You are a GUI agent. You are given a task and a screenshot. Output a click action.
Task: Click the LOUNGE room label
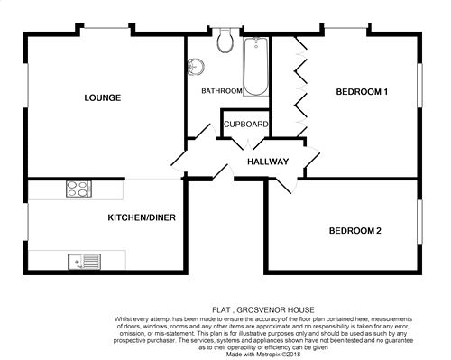pos(103,97)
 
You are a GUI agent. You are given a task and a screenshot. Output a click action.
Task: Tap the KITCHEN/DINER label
pos(142,217)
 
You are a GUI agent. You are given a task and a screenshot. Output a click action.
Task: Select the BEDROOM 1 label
pos(362,91)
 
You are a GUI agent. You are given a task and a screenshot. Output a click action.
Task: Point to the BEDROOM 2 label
pos(355,231)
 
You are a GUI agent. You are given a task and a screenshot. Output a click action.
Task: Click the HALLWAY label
pos(268,162)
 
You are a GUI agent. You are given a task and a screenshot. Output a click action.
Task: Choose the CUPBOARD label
pos(246,124)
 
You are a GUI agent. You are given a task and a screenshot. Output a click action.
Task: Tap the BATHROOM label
pos(222,90)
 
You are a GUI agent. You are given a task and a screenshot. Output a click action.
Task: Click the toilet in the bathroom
pos(226,40)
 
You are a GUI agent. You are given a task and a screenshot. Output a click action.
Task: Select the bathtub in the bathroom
pos(255,67)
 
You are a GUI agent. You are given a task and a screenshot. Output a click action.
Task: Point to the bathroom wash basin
pos(195,66)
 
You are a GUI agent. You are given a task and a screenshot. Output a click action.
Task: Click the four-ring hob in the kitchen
pos(78,189)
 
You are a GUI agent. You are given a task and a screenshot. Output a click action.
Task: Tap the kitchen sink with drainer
pos(84,262)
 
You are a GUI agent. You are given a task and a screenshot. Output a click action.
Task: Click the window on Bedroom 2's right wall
pos(419,222)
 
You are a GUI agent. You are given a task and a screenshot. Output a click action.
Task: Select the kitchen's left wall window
pos(26,222)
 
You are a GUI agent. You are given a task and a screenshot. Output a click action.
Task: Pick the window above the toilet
pos(225,25)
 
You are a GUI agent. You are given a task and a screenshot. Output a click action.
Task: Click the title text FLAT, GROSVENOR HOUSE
pos(263,309)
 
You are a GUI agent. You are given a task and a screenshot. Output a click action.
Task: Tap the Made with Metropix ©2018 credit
pos(263,355)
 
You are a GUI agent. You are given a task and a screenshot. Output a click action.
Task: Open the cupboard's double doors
pos(248,143)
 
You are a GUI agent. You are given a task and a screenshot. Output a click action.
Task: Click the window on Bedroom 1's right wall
pos(419,85)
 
